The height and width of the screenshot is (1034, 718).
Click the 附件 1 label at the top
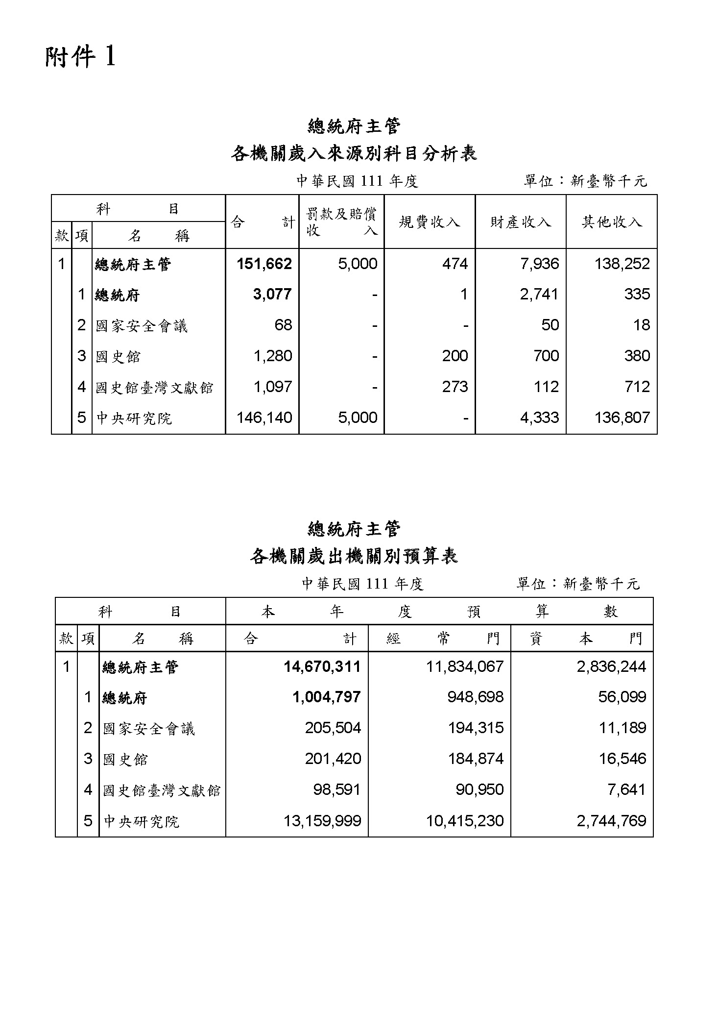click(81, 57)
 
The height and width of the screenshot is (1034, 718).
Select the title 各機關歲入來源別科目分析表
click(354, 154)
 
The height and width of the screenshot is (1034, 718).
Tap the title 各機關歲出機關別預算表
click(354, 556)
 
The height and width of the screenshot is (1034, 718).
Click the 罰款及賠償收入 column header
click(341, 222)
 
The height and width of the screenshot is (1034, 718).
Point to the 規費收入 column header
click(429, 222)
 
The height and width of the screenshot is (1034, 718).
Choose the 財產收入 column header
click(520, 222)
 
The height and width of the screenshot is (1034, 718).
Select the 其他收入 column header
click(611, 222)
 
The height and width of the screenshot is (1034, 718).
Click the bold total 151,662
click(264, 264)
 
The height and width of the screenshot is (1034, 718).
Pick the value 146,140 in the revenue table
click(264, 418)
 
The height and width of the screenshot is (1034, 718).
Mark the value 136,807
click(622, 418)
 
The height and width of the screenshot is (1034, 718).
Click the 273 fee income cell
click(455, 387)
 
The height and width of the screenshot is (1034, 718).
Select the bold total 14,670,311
click(322, 666)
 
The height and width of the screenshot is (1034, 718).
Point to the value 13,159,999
click(322, 821)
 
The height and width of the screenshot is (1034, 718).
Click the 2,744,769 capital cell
click(611, 821)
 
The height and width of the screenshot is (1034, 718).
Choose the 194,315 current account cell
click(476, 728)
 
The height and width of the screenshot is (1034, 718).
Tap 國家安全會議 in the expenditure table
click(149, 729)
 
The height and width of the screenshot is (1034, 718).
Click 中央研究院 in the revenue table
click(134, 419)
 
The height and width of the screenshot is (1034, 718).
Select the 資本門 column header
click(586, 639)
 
